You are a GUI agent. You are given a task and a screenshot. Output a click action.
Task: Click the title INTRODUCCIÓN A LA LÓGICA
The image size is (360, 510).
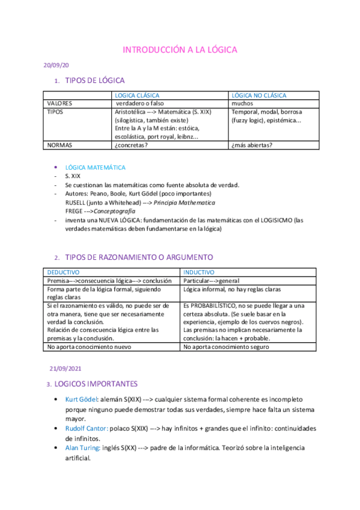[x=180, y=49]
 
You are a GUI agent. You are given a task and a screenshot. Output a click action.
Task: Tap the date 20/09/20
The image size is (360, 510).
[x=53, y=66]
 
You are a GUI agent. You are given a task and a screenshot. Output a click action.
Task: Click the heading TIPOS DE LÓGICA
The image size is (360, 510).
[x=95, y=80]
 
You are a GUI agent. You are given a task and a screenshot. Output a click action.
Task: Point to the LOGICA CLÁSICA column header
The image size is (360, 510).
[x=137, y=95]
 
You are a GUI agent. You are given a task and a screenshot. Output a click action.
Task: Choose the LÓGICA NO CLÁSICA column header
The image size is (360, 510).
[x=259, y=95]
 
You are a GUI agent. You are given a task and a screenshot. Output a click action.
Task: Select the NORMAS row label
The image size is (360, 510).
[x=59, y=144]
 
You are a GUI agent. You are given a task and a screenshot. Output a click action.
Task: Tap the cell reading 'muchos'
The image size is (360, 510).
[x=242, y=103]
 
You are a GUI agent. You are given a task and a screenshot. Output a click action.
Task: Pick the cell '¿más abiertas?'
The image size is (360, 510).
[x=252, y=144]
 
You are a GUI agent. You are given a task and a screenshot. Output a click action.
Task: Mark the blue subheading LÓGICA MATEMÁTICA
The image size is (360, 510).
[x=95, y=167]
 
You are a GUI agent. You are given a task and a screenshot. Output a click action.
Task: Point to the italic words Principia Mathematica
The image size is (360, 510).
[x=188, y=203]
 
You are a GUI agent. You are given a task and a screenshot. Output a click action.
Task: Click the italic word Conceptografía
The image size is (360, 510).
[x=114, y=211]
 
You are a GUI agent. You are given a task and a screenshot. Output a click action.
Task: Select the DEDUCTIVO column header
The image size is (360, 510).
[x=63, y=272]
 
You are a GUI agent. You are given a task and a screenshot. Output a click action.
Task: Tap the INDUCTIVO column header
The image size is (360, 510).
[x=198, y=272]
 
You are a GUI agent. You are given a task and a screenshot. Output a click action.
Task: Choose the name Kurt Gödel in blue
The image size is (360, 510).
[x=81, y=399]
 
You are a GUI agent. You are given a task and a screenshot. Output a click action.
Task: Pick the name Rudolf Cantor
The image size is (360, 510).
[x=87, y=428]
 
